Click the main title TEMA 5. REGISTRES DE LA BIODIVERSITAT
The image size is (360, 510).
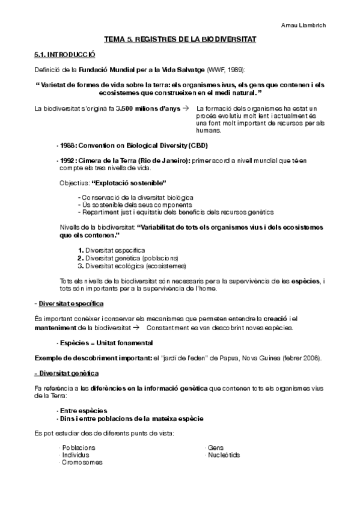180,39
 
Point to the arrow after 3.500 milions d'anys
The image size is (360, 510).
185,108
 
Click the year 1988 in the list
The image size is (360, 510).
66,146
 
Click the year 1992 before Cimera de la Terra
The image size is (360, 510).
66,160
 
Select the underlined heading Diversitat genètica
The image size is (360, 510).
66,374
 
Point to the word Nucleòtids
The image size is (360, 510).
224,455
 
